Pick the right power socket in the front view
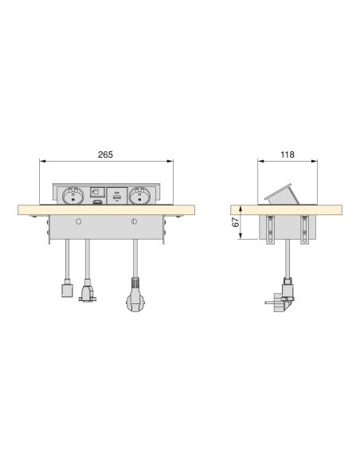click(139, 194)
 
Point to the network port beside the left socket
click(96, 193)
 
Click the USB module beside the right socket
click(117, 194)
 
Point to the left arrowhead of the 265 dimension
click(42, 162)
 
